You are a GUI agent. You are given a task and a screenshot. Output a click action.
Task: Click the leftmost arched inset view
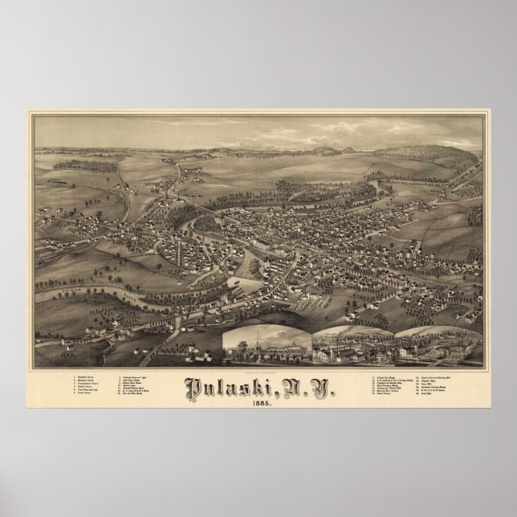pos(268,346)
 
